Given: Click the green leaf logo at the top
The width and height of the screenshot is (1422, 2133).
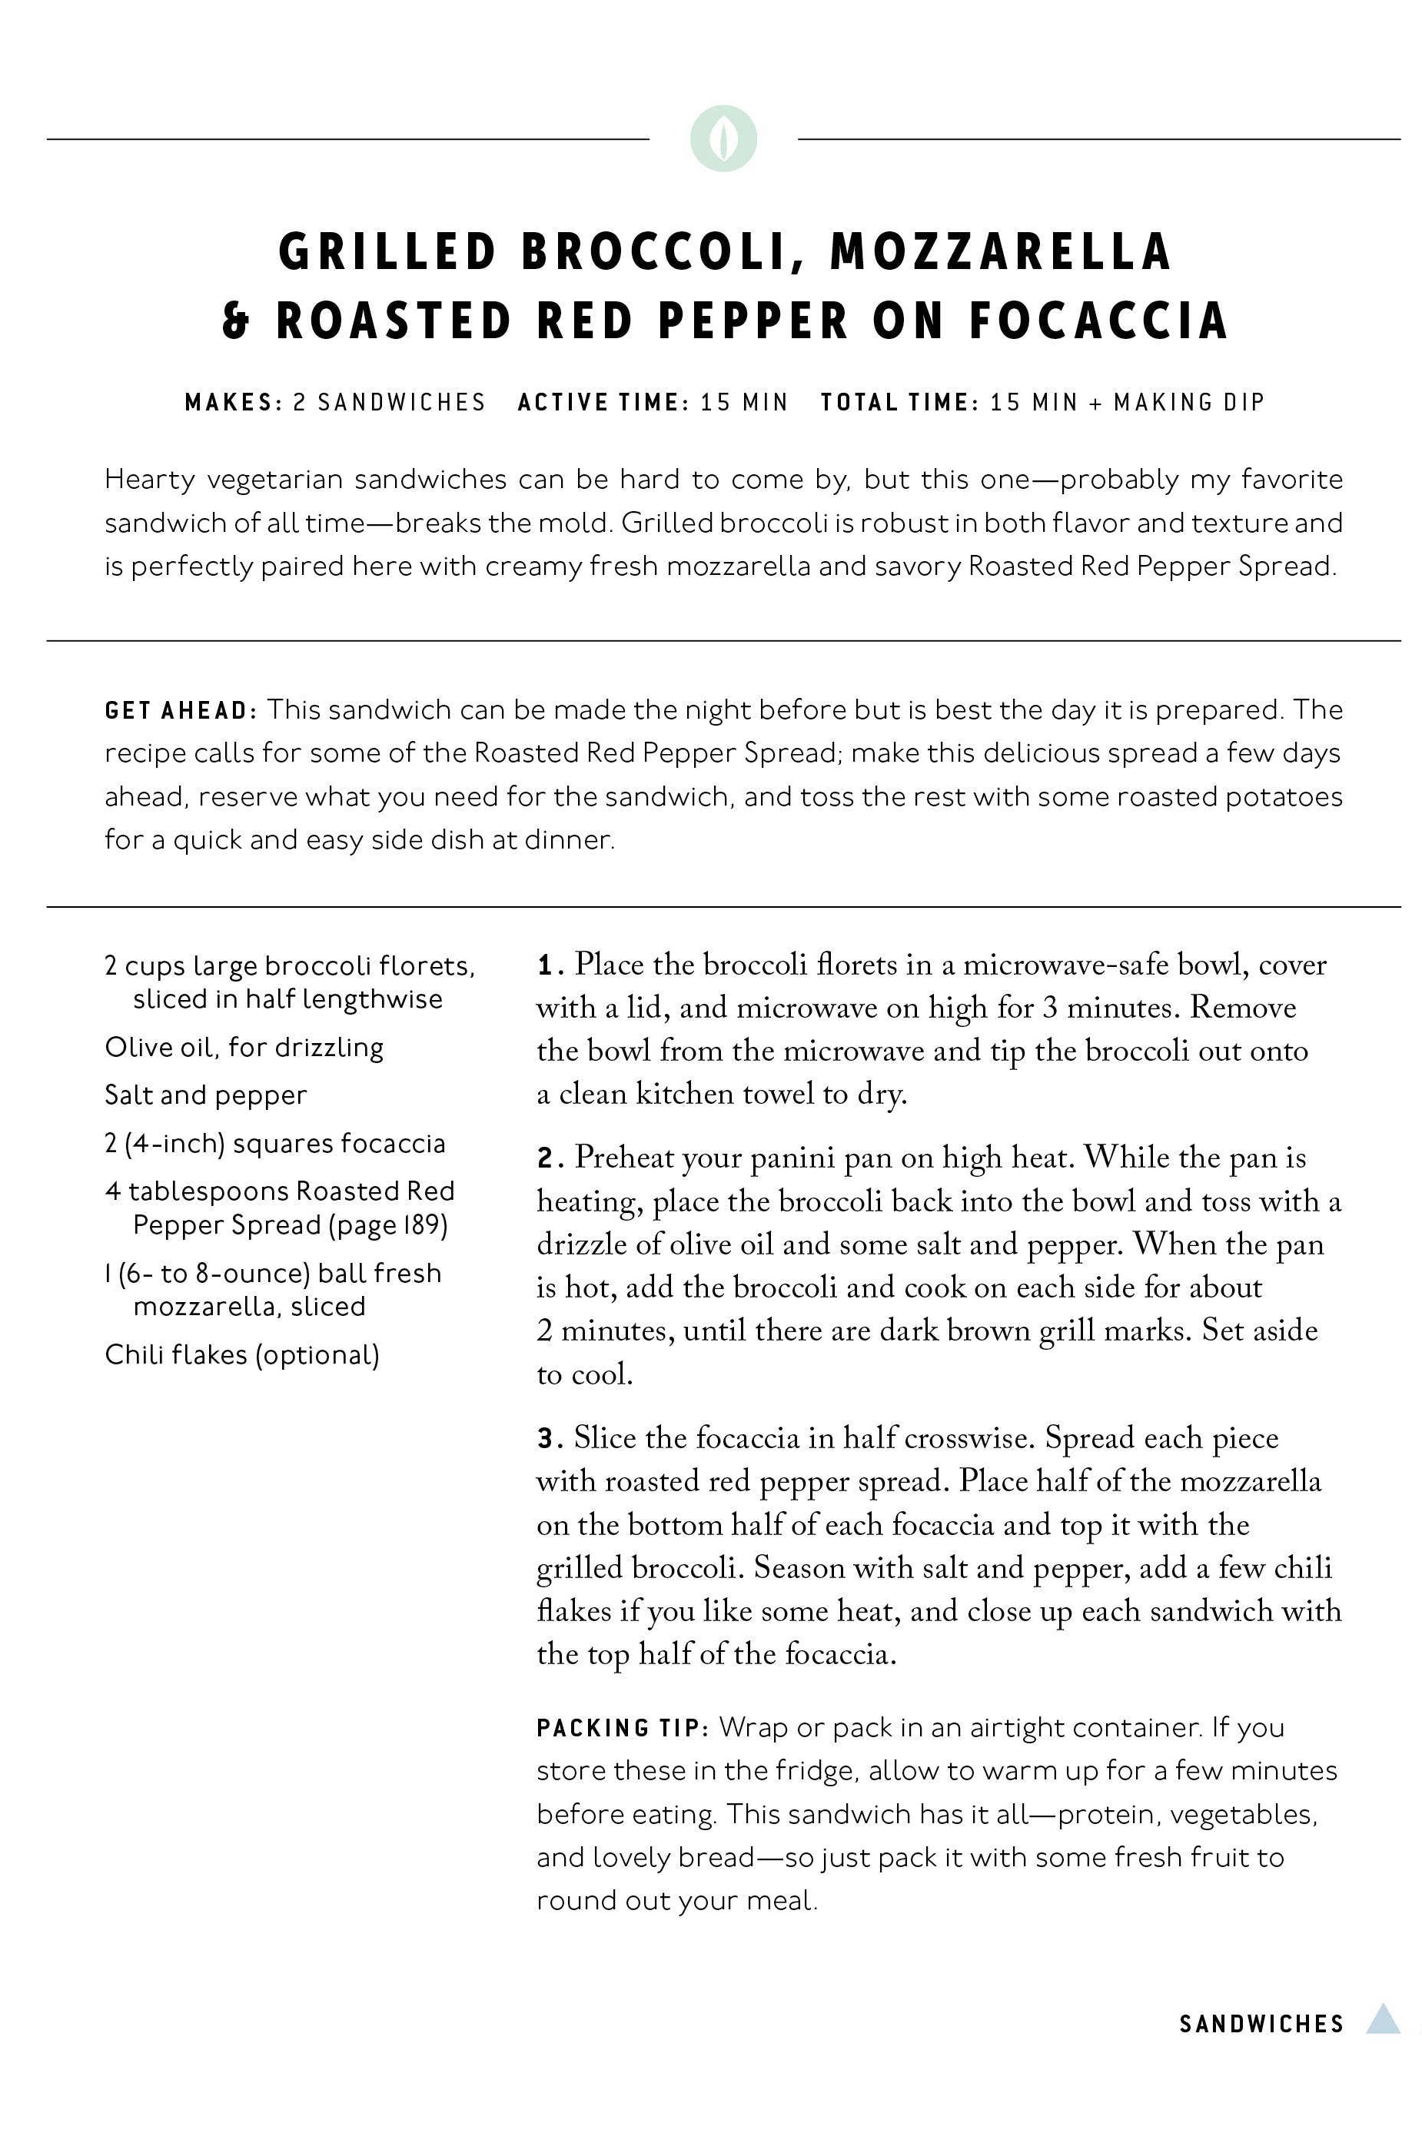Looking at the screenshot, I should [723, 139].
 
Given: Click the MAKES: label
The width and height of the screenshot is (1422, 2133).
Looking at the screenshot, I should [234, 403].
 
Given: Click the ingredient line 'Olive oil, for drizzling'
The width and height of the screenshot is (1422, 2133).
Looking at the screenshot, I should [244, 1048].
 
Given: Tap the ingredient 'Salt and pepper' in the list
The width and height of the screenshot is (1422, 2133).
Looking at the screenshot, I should [206, 1095].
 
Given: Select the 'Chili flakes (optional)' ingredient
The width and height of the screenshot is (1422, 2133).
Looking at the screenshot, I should [242, 1355].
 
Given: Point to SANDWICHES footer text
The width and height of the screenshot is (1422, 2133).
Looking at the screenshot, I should [1261, 2024].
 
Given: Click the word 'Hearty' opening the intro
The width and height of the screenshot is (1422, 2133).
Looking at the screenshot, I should [150, 479].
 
